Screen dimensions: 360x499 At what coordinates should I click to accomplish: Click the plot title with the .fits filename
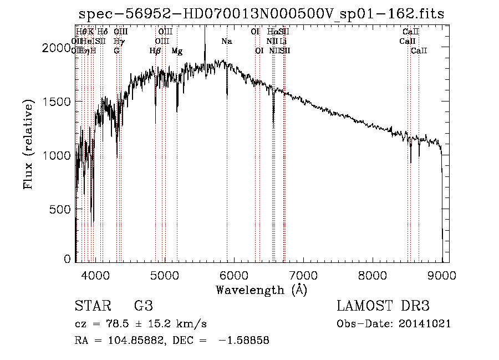click(x=261, y=14)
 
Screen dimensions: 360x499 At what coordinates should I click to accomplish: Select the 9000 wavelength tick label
click(x=442, y=274)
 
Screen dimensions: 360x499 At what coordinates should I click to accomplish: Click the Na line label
click(x=227, y=41)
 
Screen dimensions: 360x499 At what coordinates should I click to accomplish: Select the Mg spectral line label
click(x=177, y=51)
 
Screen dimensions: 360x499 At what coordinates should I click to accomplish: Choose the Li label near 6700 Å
click(x=283, y=41)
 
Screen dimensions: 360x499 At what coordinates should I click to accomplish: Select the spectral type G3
click(x=143, y=307)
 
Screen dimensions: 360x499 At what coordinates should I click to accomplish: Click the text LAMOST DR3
click(x=383, y=307)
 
